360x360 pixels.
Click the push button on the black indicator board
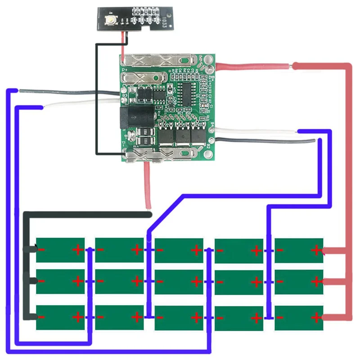(x=109, y=19)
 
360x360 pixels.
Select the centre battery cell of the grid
(x=179, y=282)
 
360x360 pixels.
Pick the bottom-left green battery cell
(x=60, y=318)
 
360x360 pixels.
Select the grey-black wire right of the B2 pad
(x=270, y=142)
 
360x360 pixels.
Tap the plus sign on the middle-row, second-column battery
(x=137, y=282)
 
